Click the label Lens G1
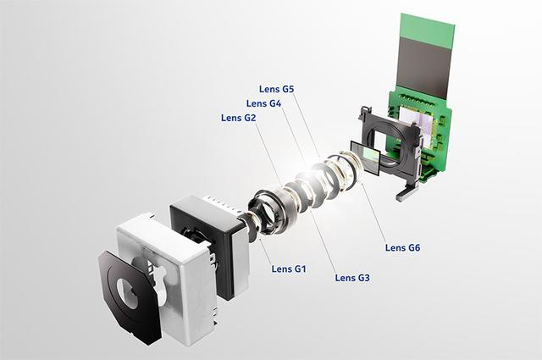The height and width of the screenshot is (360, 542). pyautogui.click(x=289, y=269)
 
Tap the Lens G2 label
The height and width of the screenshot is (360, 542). pyautogui.click(x=239, y=118)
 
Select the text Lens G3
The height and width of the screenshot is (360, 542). pyautogui.click(x=352, y=278)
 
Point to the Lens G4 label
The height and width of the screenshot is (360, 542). pyautogui.click(x=263, y=103)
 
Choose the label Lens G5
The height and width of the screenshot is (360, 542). pyautogui.click(x=277, y=89)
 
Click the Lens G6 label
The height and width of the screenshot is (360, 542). pyautogui.click(x=403, y=247)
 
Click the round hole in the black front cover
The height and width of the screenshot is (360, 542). pyautogui.click(x=126, y=294)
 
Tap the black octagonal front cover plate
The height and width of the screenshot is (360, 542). pyautogui.click(x=129, y=298)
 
